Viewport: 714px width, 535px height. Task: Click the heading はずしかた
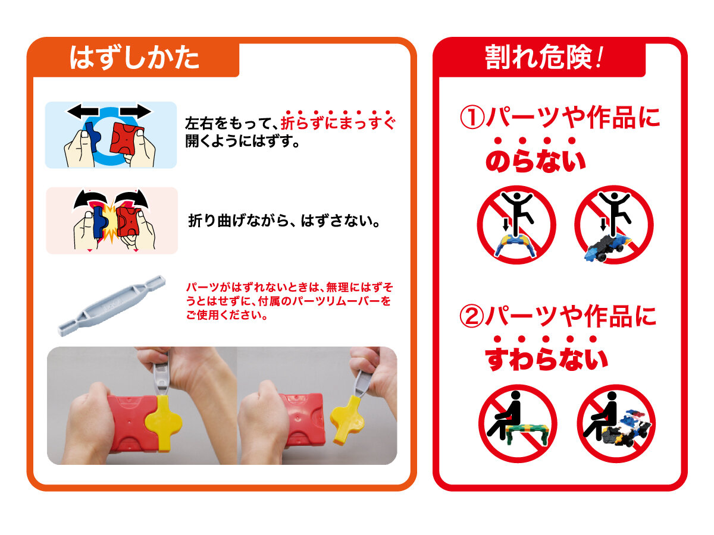(x=134, y=58)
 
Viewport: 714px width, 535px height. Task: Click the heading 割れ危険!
(x=544, y=57)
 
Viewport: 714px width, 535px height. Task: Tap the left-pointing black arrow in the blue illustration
(x=83, y=111)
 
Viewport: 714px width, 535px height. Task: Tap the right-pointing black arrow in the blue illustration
(x=136, y=111)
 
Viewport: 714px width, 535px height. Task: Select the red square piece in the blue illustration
(x=127, y=139)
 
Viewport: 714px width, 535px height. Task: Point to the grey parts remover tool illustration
(x=112, y=306)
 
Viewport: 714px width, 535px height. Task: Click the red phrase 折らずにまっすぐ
(x=338, y=122)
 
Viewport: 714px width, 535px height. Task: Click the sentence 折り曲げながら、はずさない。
(x=284, y=221)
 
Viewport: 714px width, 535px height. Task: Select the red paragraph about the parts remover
(x=290, y=301)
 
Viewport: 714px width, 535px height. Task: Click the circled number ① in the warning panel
(x=472, y=118)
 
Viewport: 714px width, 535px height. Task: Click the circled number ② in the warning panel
(x=472, y=317)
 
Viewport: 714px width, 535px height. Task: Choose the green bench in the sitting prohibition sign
(x=528, y=434)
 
